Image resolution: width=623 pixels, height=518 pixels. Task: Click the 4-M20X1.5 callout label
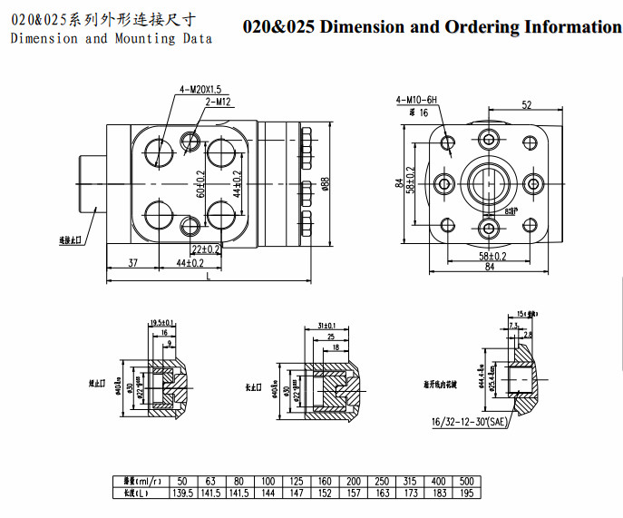pos(200,89)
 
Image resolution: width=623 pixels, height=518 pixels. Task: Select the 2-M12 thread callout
pos(220,102)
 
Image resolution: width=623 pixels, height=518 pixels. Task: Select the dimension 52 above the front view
pos(527,105)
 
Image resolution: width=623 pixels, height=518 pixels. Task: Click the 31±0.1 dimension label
pos(327,325)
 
